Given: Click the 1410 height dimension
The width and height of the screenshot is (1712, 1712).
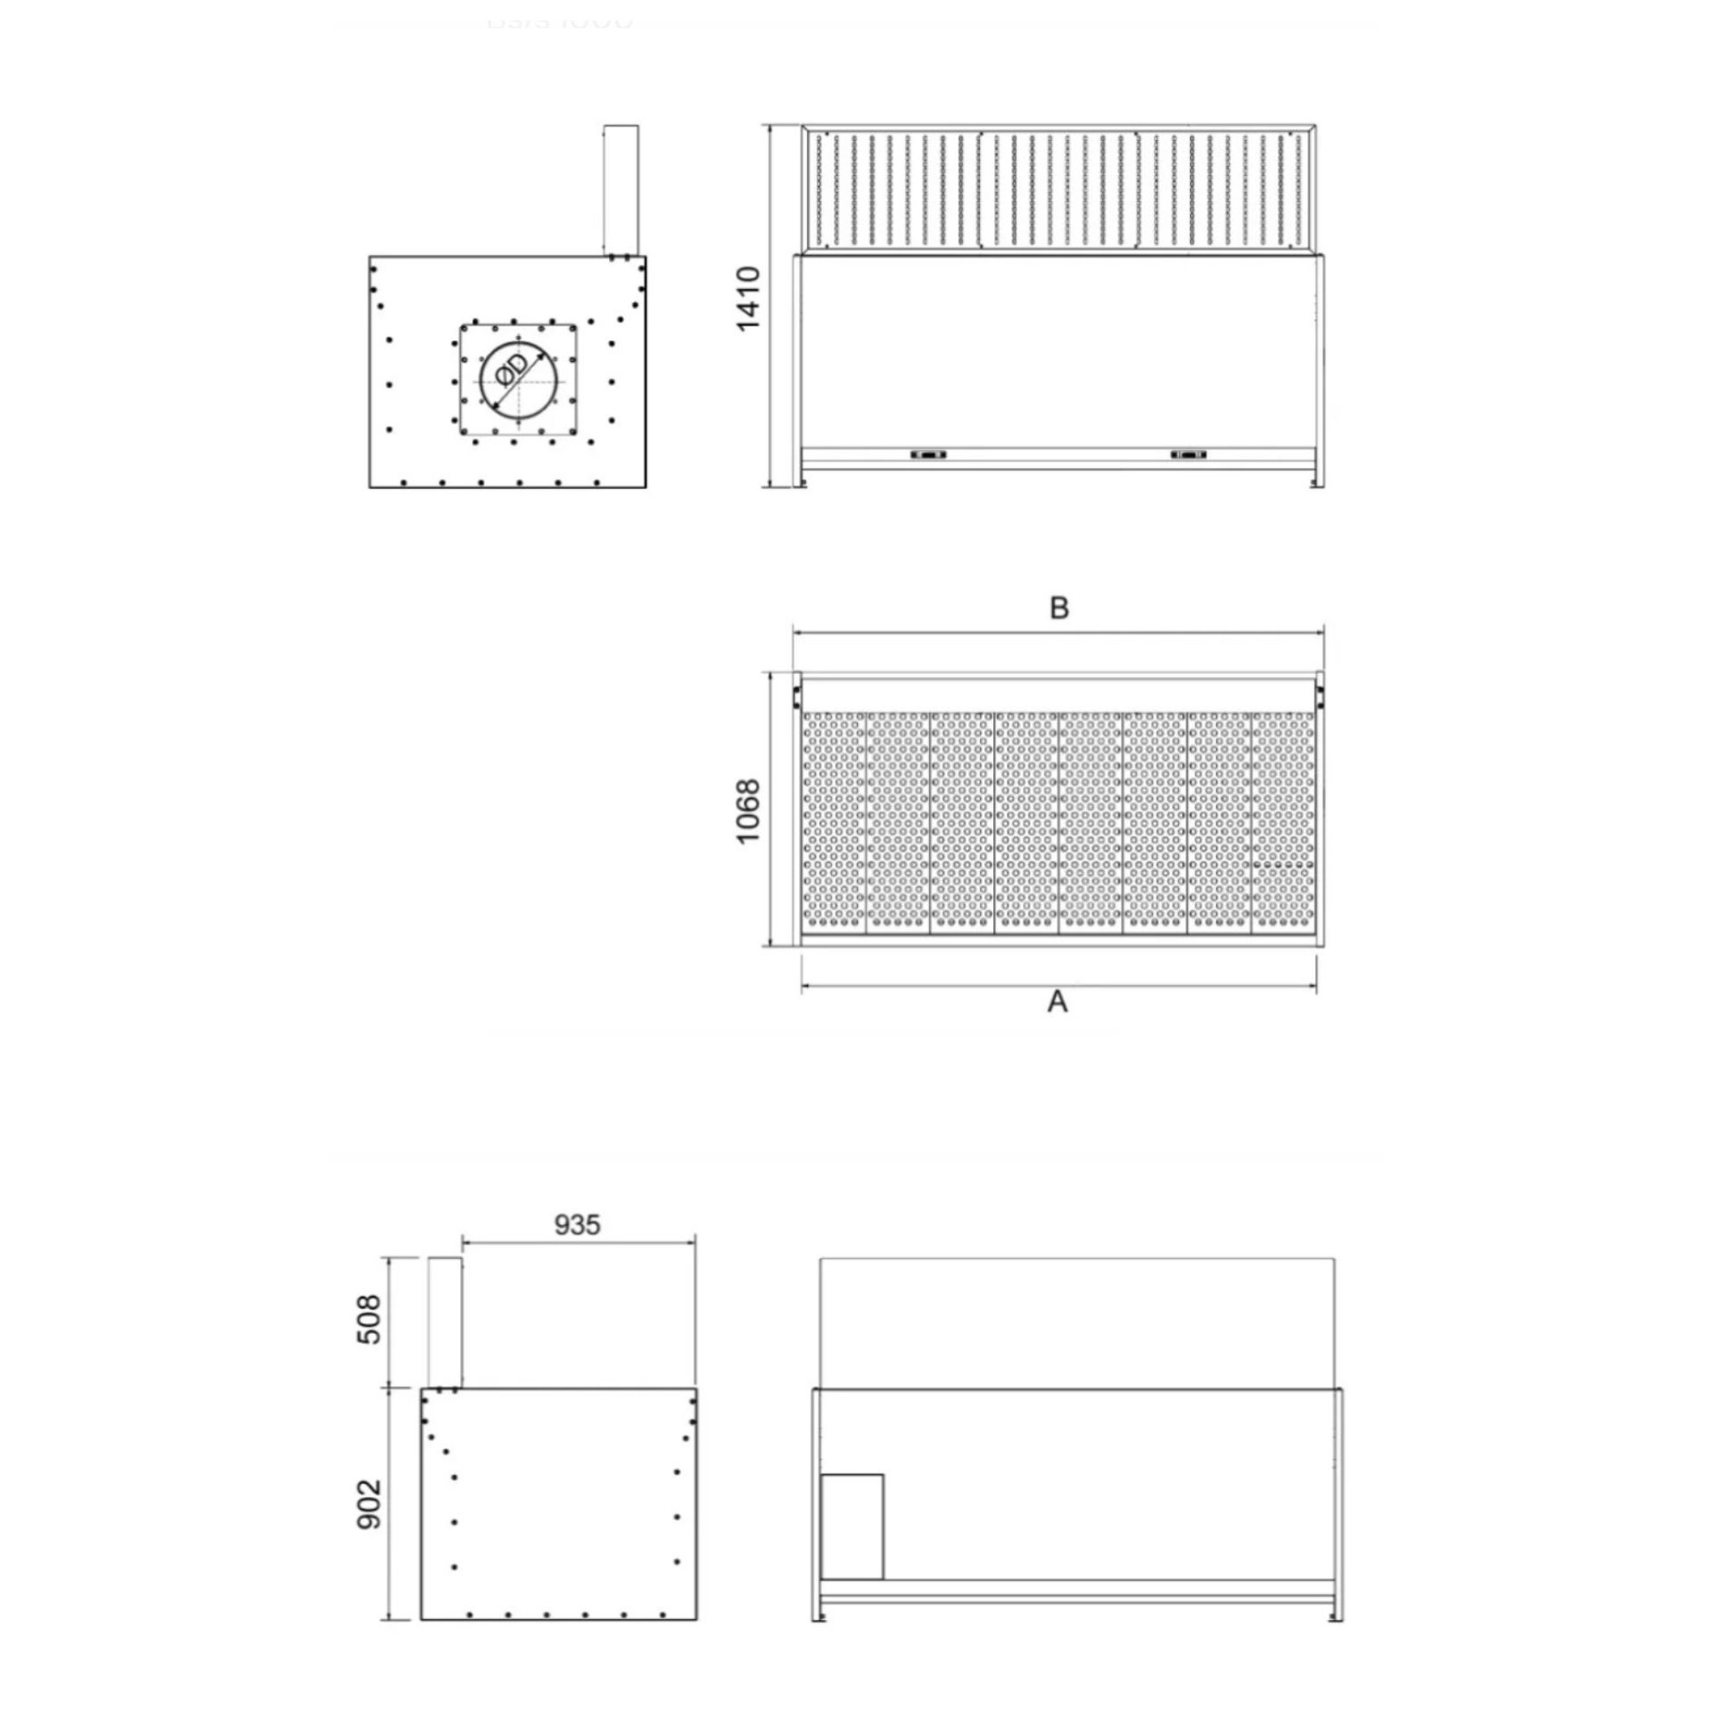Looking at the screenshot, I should pyautogui.click(x=747, y=299).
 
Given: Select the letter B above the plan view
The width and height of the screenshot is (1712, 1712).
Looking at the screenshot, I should pyautogui.click(x=1058, y=608).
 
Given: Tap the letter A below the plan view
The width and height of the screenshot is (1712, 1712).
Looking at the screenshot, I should pyautogui.click(x=1057, y=1002).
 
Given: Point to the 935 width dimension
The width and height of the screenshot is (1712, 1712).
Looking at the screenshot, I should pyautogui.click(x=577, y=1224).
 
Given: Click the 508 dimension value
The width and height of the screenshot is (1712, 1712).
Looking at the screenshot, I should pyautogui.click(x=368, y=1320).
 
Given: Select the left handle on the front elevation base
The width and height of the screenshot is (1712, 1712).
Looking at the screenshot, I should pyautogui.click(x=928, y=455).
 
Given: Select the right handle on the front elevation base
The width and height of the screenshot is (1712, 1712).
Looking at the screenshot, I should pyautogui.click(x=1188, y=455).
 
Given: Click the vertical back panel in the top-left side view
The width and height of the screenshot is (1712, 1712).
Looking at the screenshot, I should pyautogui.click(x=621, y=189).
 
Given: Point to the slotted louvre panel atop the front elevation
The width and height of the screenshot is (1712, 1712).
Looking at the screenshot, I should pyautogui.click(x=1058, y=189).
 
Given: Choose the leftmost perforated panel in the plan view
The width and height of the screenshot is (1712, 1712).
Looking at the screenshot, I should pyautogui.click(x=834, y=821).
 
